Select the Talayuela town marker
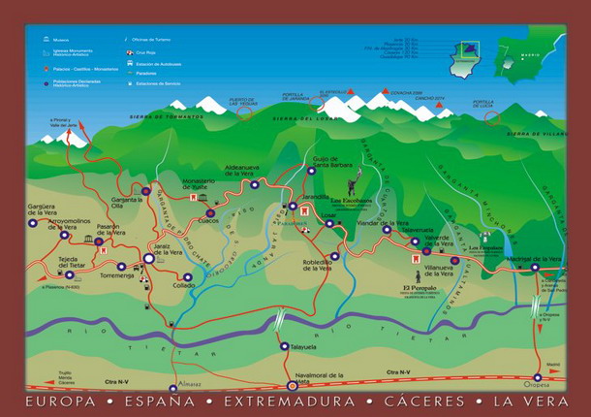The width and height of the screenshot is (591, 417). point(284,345)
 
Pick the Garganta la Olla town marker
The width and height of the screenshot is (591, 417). point(145,191)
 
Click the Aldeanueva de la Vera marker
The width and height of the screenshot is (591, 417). point(255,183)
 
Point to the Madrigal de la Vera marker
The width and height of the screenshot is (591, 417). point(535,268)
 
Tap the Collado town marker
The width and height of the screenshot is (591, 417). point(187,276)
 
